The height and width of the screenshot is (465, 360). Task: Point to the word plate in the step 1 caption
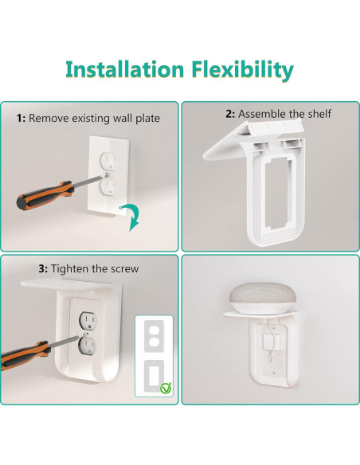(x=146, y=118)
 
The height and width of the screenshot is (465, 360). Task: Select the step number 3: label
(x=25, y=268)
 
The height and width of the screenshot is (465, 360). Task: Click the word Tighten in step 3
(x=57, y=268)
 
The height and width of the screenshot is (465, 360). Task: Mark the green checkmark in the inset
(x=164, y=388)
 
